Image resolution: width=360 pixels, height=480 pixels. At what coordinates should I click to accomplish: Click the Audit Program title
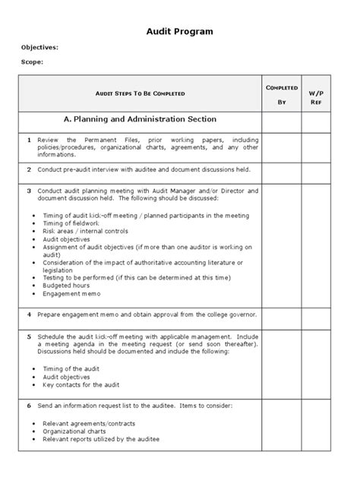pos(179,31)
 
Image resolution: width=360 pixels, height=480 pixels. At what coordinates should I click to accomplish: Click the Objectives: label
pos(39,47)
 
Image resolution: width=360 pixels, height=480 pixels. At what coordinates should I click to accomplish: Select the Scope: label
pos(32,62)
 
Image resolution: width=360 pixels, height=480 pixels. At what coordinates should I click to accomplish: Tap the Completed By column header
pos(281,94)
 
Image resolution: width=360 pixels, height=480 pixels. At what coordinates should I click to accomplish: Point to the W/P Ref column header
pos(316,94)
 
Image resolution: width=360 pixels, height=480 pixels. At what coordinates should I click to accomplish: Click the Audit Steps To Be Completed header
pos(141,93)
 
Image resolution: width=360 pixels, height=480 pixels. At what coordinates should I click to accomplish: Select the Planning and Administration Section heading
pos(141,119)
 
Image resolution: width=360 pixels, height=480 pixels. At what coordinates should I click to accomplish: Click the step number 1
pos(29,141)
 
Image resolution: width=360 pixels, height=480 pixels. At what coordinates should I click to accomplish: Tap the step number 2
pos(29,169)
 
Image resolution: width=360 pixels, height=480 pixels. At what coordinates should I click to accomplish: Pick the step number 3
pos(29,190)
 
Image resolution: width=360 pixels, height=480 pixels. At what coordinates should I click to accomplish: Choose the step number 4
pos(29,314)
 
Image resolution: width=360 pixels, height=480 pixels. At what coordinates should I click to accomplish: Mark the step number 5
pos(29,335)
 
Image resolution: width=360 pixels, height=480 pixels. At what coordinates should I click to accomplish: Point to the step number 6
pos(29,406)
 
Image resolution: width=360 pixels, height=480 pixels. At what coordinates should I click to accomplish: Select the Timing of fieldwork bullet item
pos(71,223)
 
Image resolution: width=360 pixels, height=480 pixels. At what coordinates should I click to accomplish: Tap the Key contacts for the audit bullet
pos(81,385)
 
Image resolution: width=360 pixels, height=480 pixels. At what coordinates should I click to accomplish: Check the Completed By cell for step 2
pos(281,170)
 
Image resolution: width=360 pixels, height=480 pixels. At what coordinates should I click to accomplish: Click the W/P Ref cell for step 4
pos(316,314)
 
